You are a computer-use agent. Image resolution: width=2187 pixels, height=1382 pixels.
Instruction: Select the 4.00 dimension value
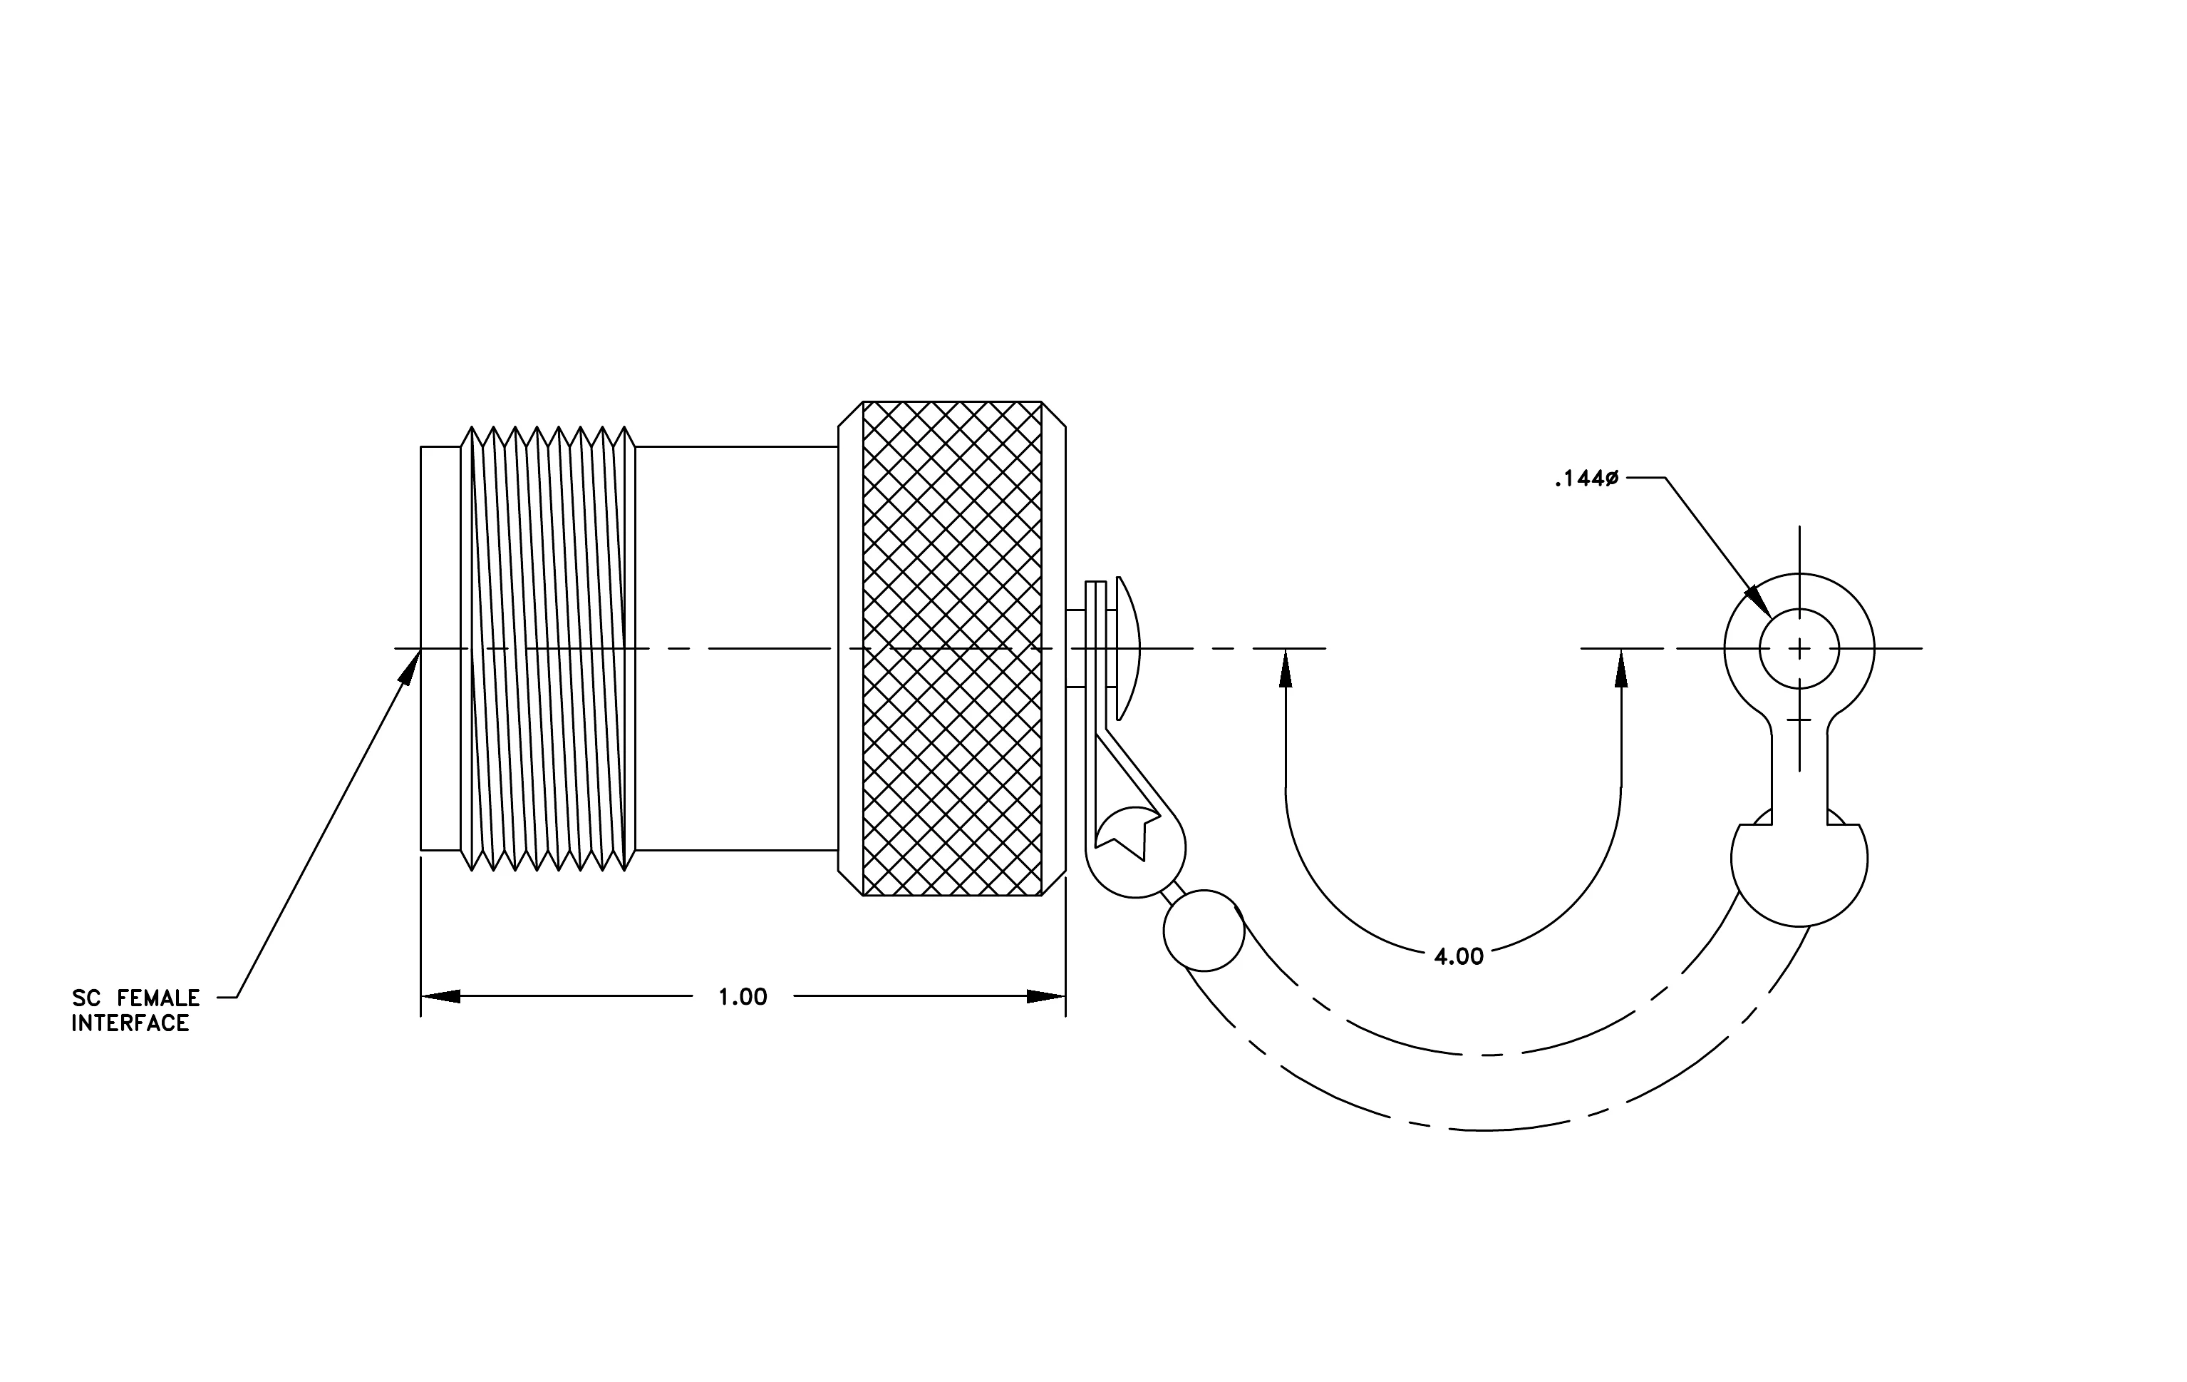[x=1459, y=956]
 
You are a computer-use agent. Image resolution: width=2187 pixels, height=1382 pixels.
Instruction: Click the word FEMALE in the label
[x=158, y=998]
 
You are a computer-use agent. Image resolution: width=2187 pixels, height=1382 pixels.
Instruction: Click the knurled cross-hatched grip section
[x=952, y=649]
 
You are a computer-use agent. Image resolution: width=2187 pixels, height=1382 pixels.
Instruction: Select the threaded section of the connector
[x=549, y=649]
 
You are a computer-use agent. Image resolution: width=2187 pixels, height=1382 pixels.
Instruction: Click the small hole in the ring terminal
[x=1799, y=649]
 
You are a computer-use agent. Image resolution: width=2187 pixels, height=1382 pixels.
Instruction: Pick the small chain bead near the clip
[x=1204, y=931]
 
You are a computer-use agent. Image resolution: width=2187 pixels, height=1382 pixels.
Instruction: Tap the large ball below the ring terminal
[x=1799, y=859]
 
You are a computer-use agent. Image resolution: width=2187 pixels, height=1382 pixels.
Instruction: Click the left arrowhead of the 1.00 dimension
[x=440, y=997]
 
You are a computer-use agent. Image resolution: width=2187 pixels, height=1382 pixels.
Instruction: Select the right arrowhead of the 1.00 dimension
[x=1045, y=997]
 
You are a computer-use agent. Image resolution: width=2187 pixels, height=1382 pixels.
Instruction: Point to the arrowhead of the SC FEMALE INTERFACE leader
[x=410, y=667]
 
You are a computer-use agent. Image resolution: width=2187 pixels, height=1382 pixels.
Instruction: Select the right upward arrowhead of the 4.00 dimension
[x=1622, y=668]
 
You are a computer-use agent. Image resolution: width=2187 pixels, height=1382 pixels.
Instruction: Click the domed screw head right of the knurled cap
[x=1128, y=649]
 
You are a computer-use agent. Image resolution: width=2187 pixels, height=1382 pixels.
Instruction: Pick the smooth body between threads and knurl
[x=737, y=649]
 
